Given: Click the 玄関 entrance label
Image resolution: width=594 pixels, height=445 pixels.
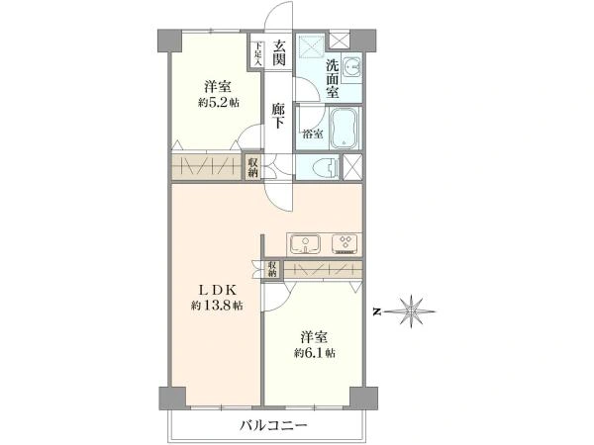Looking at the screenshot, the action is click(279, 52).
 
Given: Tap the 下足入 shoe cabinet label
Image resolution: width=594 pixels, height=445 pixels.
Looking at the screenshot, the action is click(258, 53).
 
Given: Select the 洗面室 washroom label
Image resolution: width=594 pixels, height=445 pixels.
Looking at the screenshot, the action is click(333, 79).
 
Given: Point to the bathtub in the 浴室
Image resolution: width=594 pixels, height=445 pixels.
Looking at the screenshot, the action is click(344, 129).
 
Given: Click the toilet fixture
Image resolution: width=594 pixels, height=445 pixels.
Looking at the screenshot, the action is click(327, 166).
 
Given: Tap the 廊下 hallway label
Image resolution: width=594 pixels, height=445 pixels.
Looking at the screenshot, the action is click(278, 116).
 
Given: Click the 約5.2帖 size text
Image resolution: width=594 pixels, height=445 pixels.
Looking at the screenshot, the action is click(219, 103).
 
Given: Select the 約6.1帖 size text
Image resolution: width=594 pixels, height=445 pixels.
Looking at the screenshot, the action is click(315, 353).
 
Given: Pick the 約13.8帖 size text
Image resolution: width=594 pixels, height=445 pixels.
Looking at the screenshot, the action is click(217, 306).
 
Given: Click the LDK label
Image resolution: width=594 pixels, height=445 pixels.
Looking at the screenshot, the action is click(218, 290).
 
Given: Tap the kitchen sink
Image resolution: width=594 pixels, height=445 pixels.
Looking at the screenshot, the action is click(305, 243).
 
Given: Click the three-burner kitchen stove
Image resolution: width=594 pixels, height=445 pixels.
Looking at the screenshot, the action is click(346, 243).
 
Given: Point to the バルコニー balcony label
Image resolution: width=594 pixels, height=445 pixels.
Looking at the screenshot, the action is click(273, 426).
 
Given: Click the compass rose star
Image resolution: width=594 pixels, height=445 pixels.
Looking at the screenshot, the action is click(411, 311).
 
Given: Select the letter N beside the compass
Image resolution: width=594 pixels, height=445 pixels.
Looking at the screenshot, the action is click(376, 311).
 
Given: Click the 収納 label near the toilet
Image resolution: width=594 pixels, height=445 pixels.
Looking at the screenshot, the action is click(253, 168).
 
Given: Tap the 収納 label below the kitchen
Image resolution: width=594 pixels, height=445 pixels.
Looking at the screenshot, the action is click(273, 269).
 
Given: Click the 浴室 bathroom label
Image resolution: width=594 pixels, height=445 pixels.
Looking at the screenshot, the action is click(313, 133).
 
